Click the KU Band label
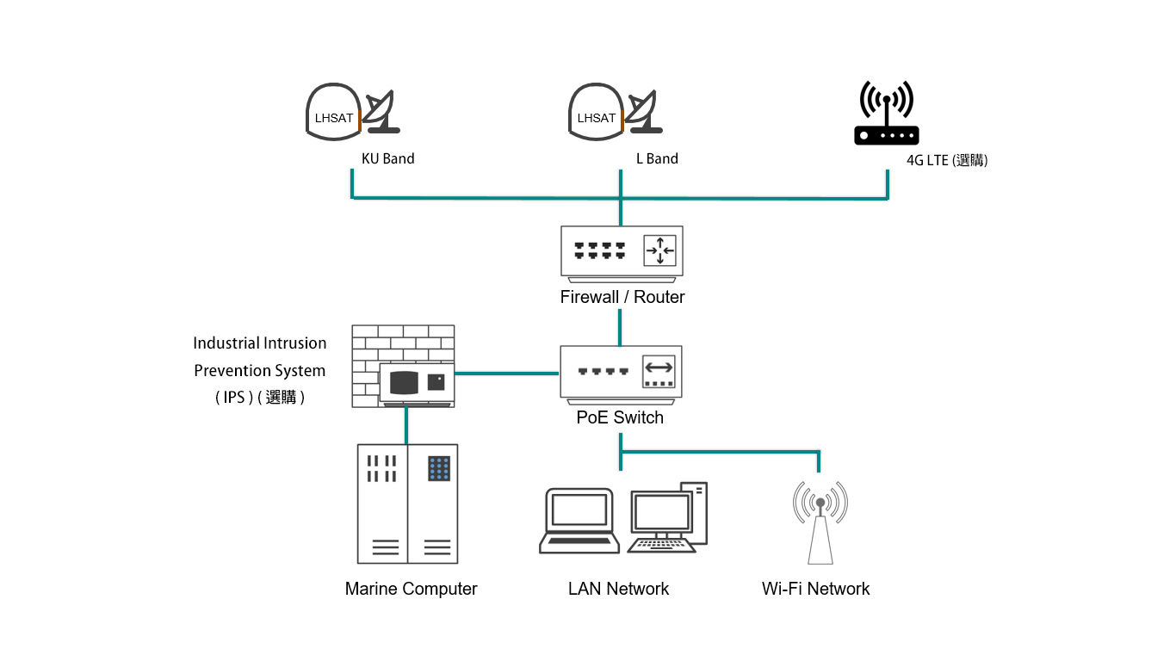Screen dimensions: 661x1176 pyautogui.click(x=387, y=158)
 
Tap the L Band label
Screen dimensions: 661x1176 pyautogui.click(x=657, y=158)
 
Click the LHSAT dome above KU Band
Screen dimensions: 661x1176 pyautogui.click(x=333, y=112)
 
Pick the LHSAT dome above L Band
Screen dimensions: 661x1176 pyautogui.click(x=596, y=112)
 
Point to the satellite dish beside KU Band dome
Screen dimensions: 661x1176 pyautogui.click(x=380, y=111)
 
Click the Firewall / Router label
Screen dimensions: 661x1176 pyautogui.click(x=622, y=297)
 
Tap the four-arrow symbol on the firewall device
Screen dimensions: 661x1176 pyautogui.click(x=660, y=250)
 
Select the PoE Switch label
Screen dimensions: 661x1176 pyautogui.click(x=620, y=417)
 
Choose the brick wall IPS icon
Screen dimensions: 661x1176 pyautogui.click(x=403, y=365)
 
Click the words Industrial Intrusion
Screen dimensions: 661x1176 pyautogui.click(x=259, y=343)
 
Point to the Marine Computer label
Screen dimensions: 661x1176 pyautogui.click(x=411, y=589)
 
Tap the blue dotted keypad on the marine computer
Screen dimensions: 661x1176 pyautogui.click(x=439, y=469)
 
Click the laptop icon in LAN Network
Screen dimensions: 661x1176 pyautogui.click(x=579, y=520)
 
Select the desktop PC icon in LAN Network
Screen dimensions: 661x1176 pyautogui.click(x=670, y=517)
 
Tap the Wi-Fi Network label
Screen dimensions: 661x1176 pyautogui.click(x=815, y=589)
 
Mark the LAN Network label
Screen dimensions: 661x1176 pyautogui.click(x=618, y=589)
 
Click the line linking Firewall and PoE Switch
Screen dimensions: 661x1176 pyautogui.click(x=621, y=328)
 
